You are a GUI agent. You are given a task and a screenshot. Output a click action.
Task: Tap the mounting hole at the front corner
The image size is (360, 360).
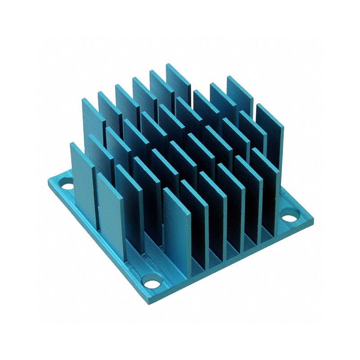coord(152,283)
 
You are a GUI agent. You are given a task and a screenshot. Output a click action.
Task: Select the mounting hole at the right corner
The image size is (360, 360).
coord(289,218)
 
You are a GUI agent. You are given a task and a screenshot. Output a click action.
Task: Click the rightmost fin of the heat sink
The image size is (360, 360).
coord(270,130)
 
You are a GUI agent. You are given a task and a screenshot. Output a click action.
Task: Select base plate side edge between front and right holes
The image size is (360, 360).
coord(234,265)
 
